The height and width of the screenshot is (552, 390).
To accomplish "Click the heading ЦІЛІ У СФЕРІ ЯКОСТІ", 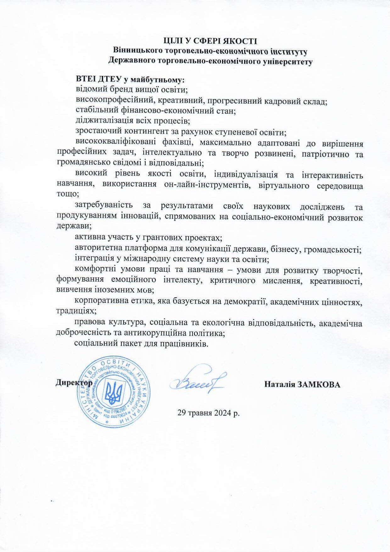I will pos(210,41).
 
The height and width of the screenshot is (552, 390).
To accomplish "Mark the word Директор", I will pos(74,383).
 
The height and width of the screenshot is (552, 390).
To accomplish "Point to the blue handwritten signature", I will pos(197,381).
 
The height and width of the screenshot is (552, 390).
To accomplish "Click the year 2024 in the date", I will pos(222,413).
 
